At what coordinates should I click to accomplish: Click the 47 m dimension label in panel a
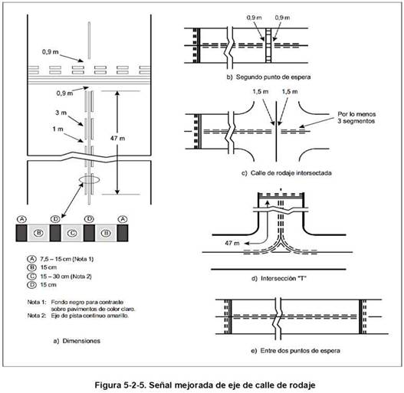[x=117, y=139]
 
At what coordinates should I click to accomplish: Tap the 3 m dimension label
[x=61, y=113]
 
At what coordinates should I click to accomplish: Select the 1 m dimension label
[x=58, y=129]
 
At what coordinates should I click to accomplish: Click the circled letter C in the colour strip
[x=72, y=233]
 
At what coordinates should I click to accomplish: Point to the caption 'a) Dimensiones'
[x=77, y=341]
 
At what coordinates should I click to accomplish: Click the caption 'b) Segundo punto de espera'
[x=268, y=77]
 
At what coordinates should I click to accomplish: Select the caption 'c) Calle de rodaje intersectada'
[x=286, y=173]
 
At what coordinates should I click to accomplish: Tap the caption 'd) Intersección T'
[x=279, y=278]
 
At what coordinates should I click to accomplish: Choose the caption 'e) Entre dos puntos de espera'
[x=295, y=351]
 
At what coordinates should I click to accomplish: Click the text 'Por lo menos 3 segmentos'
[x=356, y=117]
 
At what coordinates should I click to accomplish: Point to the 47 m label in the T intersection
[x=232, y=243]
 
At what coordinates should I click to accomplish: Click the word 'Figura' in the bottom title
[x=107, y=385]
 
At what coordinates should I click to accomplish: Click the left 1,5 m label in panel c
[x=260, y=91]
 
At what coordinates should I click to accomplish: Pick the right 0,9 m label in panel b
[x=282, y=18]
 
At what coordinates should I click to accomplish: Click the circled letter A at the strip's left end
[x=21, y=219]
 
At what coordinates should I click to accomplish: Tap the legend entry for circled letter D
[x=41, y=285]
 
